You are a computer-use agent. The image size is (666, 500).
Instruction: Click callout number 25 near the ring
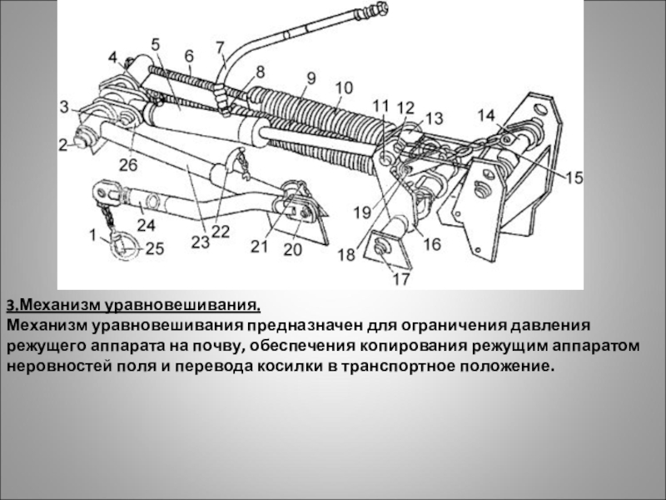(155, 247)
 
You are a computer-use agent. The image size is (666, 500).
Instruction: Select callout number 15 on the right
(574, 177)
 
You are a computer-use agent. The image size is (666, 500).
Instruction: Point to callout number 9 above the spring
(311, 79)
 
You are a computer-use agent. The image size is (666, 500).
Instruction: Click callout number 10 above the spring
(344, 87)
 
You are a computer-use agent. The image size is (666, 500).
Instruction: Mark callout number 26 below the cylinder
(127, 165)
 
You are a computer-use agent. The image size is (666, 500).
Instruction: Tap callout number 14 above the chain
(485, 115)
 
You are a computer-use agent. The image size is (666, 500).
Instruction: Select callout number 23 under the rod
(200, 242)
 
